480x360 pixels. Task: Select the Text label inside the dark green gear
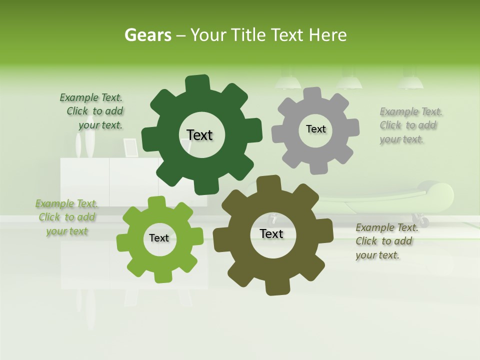tap(199, 135)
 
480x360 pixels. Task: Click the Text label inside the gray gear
tap(315, 129)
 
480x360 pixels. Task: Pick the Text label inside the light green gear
tap(159, 238)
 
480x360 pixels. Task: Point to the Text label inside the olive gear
tap(271, 233)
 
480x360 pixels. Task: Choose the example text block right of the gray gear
tap(409, 125)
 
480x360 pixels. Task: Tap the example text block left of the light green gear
tap(67, 217)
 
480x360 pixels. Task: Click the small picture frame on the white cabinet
tap(131, 147)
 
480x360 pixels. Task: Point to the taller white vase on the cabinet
tap(90, 144)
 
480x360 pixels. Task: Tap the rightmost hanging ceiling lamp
tap(410, 82)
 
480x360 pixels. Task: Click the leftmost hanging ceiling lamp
tap(287, 82)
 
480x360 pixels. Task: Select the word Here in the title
tap(327, 35)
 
